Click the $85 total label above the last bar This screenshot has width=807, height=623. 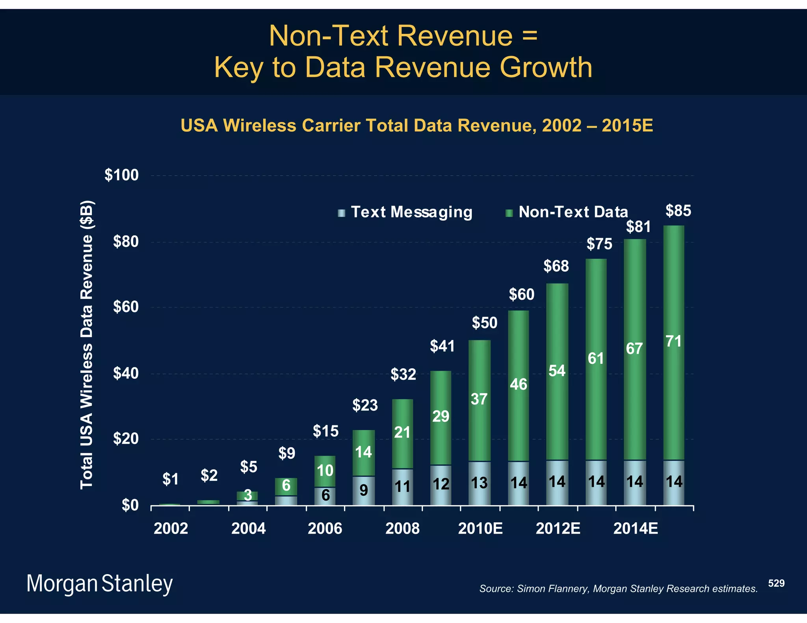pos(678,211)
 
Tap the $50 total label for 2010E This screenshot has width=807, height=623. pos(485,323)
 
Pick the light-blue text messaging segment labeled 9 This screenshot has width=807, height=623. pos(363,490)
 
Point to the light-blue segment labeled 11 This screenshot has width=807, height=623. pos(402,487)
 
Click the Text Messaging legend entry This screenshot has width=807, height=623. pos(406,212)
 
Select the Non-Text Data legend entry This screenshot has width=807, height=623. pos(567,212)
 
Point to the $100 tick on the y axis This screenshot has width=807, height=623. pos(122,175)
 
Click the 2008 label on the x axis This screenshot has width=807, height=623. pos(402,528)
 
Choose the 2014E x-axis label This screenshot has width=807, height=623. pos(635,528)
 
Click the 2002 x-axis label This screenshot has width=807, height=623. pos(171,528)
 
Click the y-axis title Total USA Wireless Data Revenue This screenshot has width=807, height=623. pos(87,345)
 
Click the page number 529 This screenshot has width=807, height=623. pos(776,583)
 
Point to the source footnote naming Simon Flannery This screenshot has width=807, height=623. pos(618,589)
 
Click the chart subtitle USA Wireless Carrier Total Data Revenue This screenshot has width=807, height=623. pos(417,126)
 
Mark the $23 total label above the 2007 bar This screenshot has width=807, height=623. pos(365,405)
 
